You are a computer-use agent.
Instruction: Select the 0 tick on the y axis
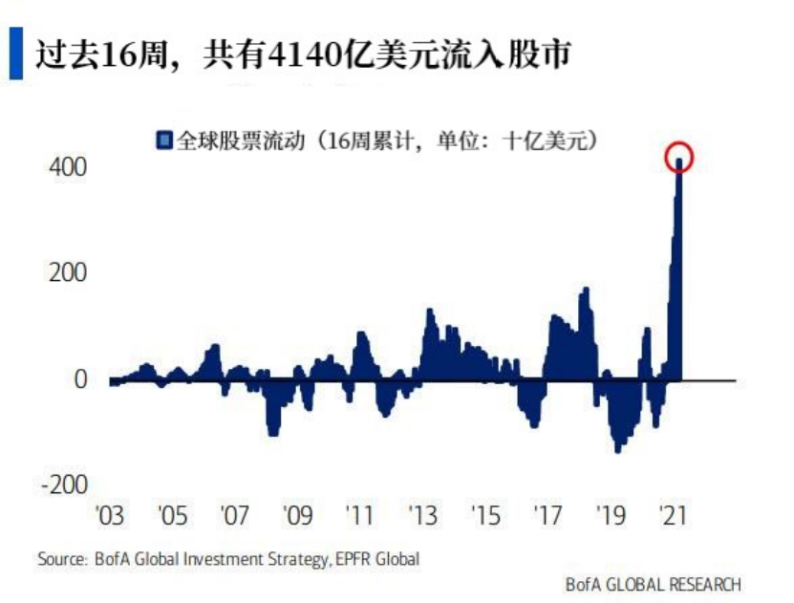80,379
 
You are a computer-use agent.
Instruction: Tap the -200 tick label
63,485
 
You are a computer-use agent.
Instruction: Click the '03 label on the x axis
110,516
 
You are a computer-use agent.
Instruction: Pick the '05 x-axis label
172,516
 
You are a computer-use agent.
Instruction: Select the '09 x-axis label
297,516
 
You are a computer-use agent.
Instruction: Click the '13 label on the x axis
422,516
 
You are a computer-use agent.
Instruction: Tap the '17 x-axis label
547,516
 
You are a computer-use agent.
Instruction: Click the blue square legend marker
164,140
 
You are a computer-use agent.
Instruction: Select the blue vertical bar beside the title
15,54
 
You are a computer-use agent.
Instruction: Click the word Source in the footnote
60,558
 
